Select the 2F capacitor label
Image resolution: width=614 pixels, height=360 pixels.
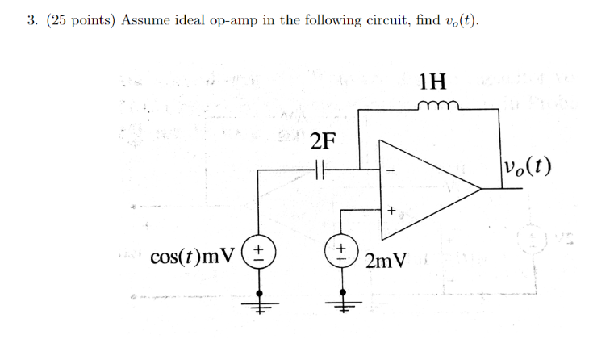point(321,142)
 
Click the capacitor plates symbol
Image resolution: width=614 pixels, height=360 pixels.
point(320,170)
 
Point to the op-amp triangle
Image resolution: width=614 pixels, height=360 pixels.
point(428,189)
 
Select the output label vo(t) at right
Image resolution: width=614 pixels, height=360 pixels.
point(527,167)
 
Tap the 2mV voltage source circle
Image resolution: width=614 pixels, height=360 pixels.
point(341,250)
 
